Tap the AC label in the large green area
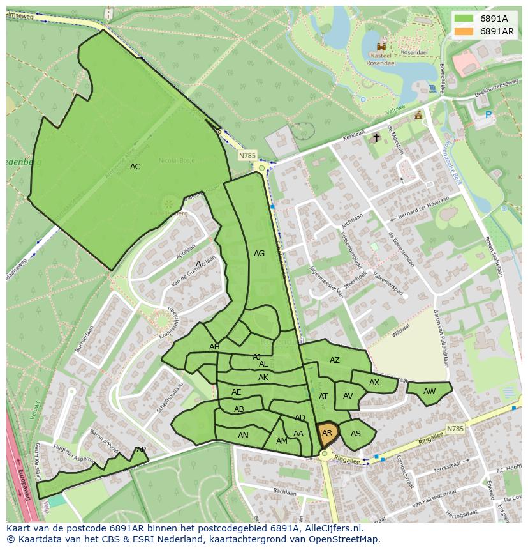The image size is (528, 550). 135,167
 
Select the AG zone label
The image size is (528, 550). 259,254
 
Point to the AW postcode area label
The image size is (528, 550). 429,392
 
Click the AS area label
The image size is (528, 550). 356,434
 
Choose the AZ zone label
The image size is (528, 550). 335,360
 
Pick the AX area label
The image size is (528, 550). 374,383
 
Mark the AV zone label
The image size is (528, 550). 348,396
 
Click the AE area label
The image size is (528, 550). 237,392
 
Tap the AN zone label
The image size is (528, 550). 243,436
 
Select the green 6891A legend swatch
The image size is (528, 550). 464,19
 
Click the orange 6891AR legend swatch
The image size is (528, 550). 464,31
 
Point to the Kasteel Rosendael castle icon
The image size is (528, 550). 382,47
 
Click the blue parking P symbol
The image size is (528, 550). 488,116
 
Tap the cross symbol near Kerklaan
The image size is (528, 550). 376,137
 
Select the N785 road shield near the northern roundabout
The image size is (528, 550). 247,155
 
